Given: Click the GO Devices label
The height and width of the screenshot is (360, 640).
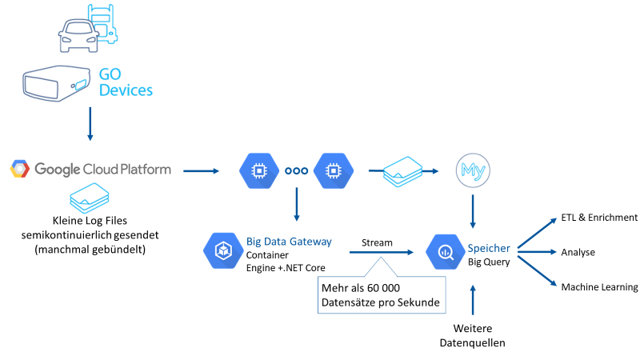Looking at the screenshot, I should [125, 82].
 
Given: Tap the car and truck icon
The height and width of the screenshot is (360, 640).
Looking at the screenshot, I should [87, 26].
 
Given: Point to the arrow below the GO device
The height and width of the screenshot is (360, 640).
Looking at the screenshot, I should [90, 126].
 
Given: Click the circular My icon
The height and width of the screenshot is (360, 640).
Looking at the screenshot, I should [473, 170].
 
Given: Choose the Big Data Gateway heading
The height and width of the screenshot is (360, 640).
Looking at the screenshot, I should [289, 241].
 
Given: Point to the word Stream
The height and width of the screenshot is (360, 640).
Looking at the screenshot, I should [378, 242].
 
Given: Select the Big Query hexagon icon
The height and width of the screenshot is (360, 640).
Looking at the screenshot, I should [444, 250].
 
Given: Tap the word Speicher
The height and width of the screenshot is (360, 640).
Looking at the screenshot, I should [489, 248].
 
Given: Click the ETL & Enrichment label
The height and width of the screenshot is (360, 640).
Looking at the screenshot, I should [599, 218].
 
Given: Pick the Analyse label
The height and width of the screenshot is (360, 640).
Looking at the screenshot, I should [578, 252].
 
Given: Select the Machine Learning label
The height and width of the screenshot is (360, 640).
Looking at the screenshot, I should [599, 287].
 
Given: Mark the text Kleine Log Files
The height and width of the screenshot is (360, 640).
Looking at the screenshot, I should [90, 219].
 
